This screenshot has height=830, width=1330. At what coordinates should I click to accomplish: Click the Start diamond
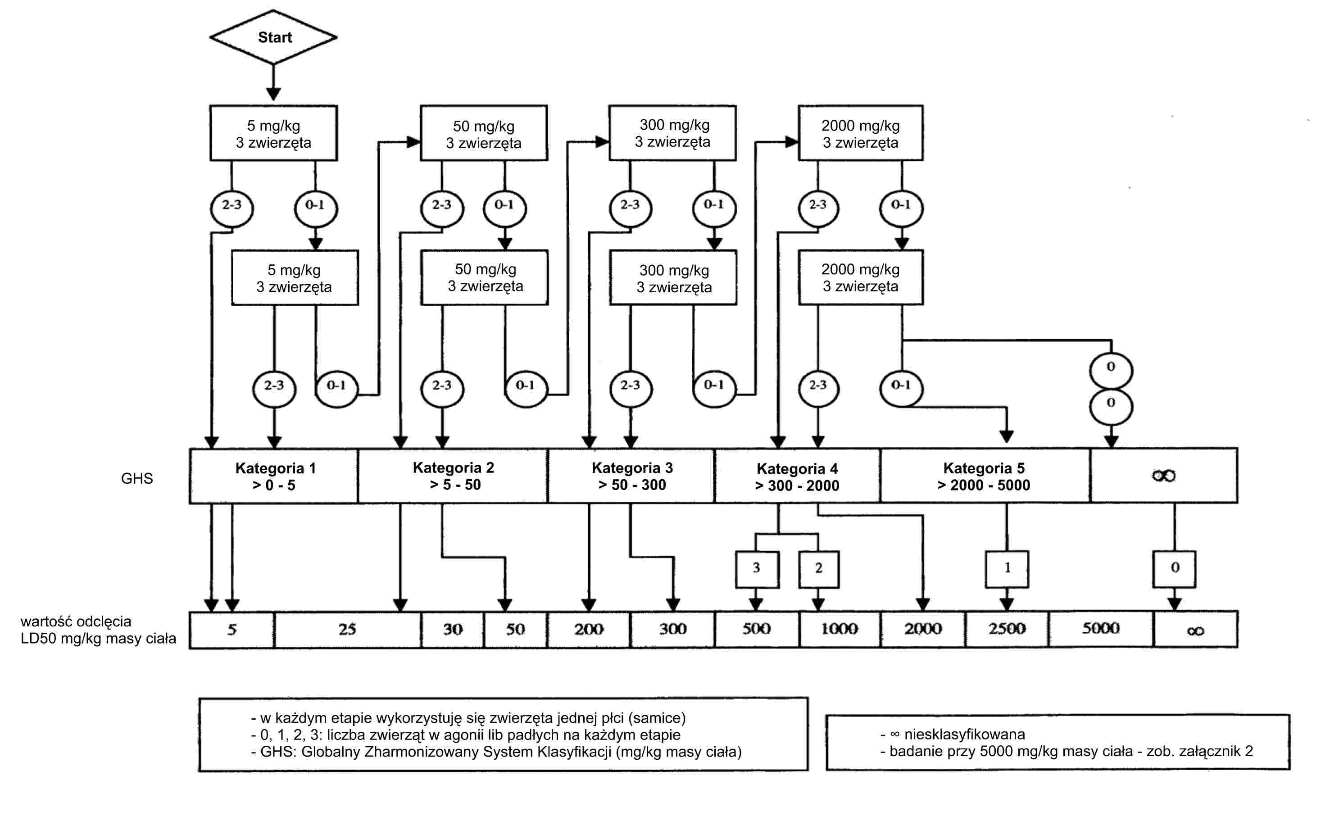pyautogui.click(x=273, y=37)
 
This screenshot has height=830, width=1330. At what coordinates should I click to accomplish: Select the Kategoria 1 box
pyautogui.click(x=274, y=476)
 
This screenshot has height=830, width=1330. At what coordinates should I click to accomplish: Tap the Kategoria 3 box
pyautogui.click(x=631, y=476)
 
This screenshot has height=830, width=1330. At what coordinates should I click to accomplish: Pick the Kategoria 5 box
pyautogui.click(x=984, y=476)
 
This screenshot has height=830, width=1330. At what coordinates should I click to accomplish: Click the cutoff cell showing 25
pyautogui.click(x=347, y=629)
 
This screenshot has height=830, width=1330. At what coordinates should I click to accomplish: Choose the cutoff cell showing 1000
pyautogui.click(x=839, y=629)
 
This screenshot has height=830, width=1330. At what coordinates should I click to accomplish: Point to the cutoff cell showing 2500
pyautogui.click(x=1007, y=629)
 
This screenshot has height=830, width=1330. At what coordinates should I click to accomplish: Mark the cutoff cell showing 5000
pyautogui.click(x=1101, y=629)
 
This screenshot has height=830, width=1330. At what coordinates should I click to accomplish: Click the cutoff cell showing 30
pyautogui.click(x=452, y=629)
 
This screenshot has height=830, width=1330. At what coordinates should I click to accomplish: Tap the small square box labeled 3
pyautogui.click(x=756, y=569)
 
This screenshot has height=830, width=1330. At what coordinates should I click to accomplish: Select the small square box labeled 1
pyautogui.click(x=1007, y=569)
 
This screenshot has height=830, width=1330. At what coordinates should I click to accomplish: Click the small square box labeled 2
pyautogui.click(x=818, y=569)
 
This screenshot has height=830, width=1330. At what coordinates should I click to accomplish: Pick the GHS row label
pyautogui.click(x=136, y=479)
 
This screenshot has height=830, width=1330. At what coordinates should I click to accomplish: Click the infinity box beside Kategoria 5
pyautogui.click(x=1163, y=476)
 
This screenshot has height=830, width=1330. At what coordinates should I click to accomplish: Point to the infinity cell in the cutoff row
pyautogui.click(x=1195, y=630)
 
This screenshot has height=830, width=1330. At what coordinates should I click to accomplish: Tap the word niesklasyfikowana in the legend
pyautogui.click(x=964, y=735)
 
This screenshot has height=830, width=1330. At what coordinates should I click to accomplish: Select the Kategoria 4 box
pyautogui.click(x=797, y=476)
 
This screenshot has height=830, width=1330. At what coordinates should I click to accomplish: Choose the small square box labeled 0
pyautogui.click(x=1174, y=569)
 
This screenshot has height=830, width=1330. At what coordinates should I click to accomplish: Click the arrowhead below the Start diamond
pyautogui.click(x=273, y=93)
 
